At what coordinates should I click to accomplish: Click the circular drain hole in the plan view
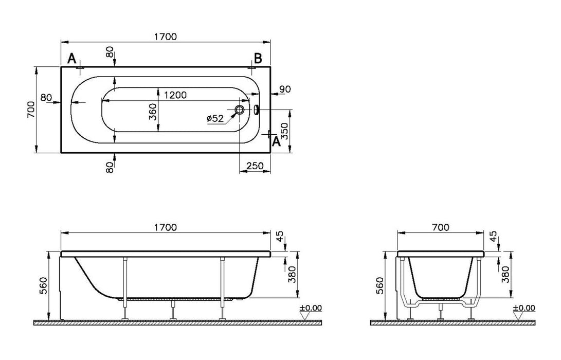(x=240, y=110)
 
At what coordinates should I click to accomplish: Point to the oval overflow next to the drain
(x=256, y=109)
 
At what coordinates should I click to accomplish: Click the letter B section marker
(x=258, y=57)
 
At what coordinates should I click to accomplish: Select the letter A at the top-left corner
(x=72, y=57)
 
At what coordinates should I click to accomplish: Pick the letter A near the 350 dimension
(x=276, y=141)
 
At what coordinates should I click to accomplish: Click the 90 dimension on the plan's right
(x=285, y=89)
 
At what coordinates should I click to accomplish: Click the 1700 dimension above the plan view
(x=166, y=37)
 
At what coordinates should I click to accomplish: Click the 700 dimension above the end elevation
(x=440, y=227)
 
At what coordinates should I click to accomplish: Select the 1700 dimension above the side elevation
(x=166, y=227)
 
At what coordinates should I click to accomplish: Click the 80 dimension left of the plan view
(x=46, y=97)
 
